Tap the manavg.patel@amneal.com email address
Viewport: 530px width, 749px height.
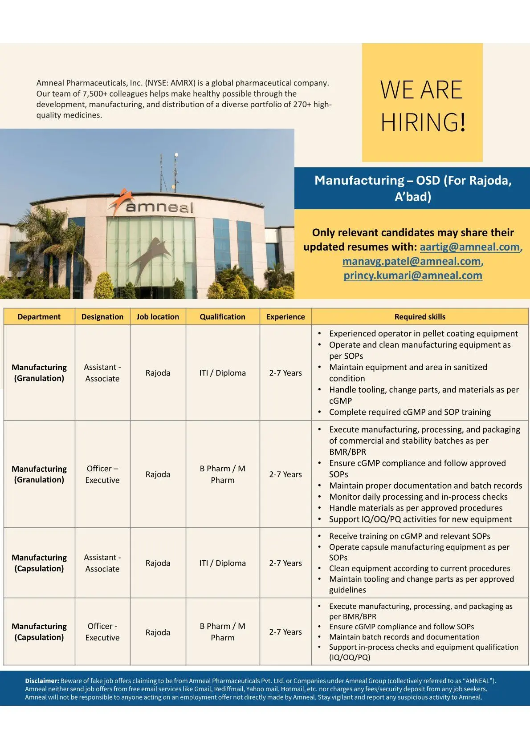click(x=412, y=261)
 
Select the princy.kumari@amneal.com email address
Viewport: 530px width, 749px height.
click(x=412, y=275)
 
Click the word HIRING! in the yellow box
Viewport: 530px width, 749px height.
click(x=423, y=122)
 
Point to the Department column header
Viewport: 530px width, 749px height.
click(x=39, y=317)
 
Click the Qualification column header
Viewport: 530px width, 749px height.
click(x=222, y=317)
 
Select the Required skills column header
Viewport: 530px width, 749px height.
click(x=420, y=317)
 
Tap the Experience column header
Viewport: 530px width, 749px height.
click(x=285, y=317)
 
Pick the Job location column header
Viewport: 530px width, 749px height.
click(x=158, y=317)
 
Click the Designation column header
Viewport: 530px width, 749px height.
click(x=102, y=317)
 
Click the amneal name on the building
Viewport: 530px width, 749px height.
click(x=159, y=207)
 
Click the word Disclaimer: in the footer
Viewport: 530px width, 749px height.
click(x=42, y=681)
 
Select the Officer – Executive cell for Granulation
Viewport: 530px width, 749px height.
click(x=102, y=474)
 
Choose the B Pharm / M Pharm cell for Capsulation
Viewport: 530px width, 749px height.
click(x=222, y=632)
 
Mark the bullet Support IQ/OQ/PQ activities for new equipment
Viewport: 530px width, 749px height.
click(x=420, y=519)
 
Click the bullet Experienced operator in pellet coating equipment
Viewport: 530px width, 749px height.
click(x=423, y=334)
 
